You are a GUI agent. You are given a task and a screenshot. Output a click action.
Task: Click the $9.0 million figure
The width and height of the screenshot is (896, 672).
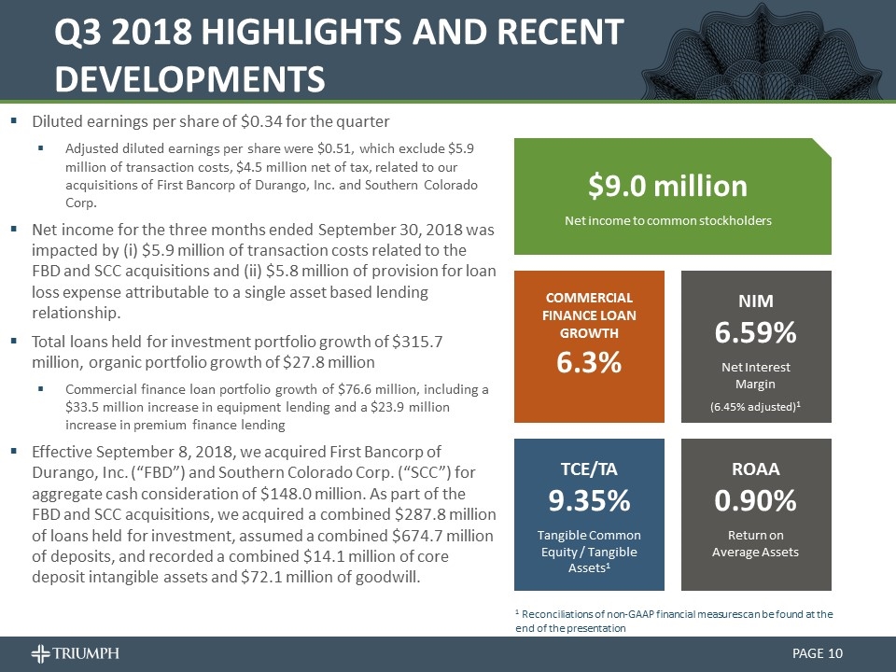[x=667, y=186]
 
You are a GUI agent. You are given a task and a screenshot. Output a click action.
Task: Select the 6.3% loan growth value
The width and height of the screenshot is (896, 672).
[x=590, y=364]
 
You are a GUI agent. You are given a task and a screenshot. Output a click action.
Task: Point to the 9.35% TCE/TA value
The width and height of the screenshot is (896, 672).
[x=590, y=501]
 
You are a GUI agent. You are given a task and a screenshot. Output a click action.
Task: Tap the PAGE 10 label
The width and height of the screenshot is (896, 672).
[x=818, y=653]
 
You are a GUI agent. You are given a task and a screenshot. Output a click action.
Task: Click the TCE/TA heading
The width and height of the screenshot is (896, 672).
[x=590, y=468]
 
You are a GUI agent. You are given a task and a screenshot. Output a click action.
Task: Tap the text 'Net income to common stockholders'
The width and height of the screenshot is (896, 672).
[x=667, y=220]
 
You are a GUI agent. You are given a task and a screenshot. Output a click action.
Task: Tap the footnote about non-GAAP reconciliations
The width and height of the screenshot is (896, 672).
[x=674, y=621]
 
